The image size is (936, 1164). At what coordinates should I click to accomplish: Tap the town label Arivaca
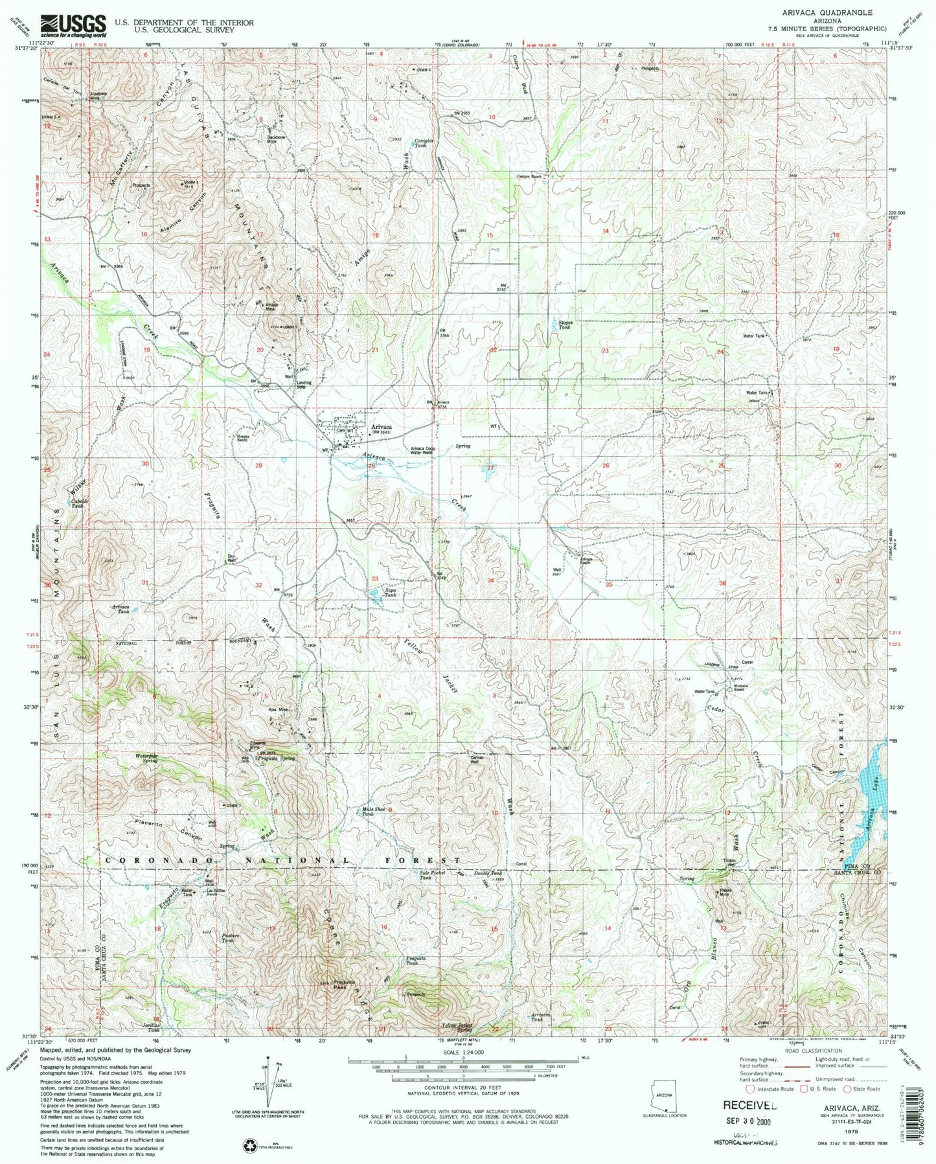[x=381, y=427]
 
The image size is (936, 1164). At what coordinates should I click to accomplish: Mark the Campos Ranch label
[x=529, y=176]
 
